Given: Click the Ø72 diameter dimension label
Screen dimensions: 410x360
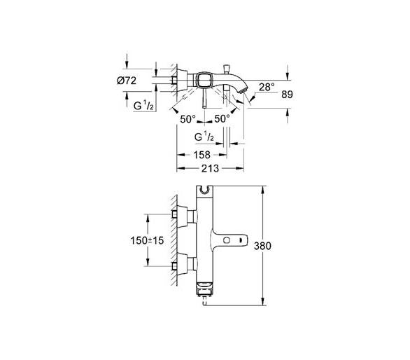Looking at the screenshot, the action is coord(127,81).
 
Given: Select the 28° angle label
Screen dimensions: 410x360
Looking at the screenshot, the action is coord(267,87).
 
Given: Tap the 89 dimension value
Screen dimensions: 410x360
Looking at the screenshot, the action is coord(287,95).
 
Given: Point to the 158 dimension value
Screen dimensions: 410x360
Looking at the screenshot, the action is coord(202,155).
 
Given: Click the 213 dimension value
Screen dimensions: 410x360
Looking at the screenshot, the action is coord(210,169).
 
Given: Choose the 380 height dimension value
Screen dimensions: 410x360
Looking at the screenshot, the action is coord(262,246).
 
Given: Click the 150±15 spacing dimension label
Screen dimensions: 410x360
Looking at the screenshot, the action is coord(147,240).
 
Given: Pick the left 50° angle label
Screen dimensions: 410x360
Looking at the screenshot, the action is coord(188,119).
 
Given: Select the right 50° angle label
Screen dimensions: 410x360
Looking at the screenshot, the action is coord(222,119).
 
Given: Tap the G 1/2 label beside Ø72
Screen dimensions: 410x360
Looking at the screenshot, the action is coord(143,105).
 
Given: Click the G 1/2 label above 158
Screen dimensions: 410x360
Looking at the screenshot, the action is coord(204,137).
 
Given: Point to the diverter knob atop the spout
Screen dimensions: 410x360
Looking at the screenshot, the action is coord(227,69).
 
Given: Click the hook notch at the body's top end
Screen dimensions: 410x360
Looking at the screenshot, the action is coord(204,190).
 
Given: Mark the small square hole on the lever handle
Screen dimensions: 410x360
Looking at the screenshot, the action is coord(227,240).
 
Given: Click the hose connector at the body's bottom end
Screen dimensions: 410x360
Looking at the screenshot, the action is coord(205,300).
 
